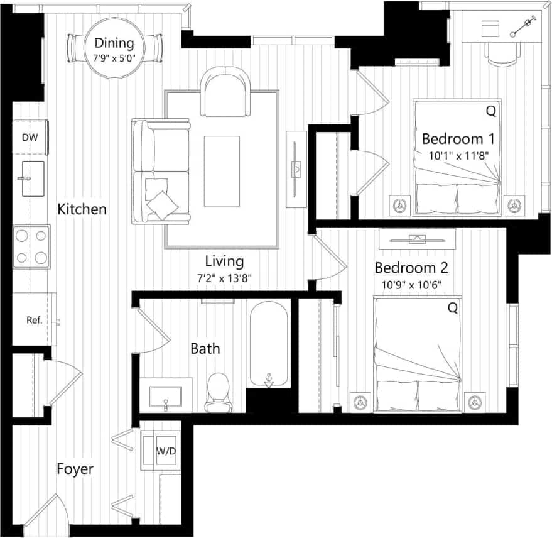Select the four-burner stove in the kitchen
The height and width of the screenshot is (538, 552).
click(31, 246)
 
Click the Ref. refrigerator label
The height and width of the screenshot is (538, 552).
click(34, 320)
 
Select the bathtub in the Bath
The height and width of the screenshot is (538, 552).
click(269, 344)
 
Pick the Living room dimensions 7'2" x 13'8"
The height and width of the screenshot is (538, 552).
click(224, 277)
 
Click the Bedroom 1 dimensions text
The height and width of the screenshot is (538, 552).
click(458, 154)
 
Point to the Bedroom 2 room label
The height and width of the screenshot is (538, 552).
click(411, 268)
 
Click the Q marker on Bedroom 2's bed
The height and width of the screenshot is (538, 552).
click(452, 309)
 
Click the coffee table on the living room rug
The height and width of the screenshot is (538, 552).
click(222, 171)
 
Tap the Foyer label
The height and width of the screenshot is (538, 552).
click(75, 469)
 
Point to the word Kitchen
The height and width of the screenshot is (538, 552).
click(82, 209)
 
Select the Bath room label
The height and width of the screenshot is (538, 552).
click(205, 348)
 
